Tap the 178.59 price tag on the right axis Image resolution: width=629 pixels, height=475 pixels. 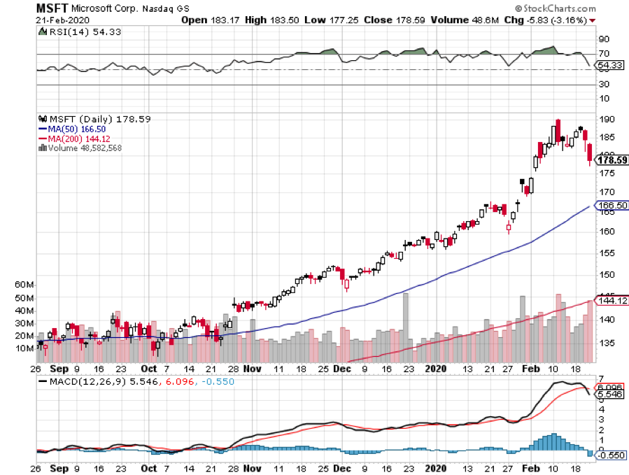click(x=610, y=160)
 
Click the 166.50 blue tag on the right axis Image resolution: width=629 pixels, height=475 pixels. click(x=610, y=206)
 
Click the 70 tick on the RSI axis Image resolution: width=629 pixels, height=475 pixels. click(x=602, y=54)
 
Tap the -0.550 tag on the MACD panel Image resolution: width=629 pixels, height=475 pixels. click(x=609, y=455)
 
